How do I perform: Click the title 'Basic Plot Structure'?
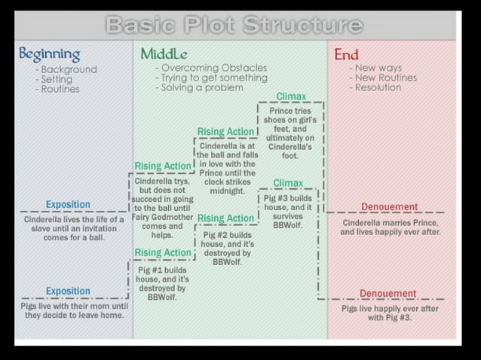(x=234, y=25)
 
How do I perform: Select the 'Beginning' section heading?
(x=49, y=54)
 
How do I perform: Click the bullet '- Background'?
(x=66, y=69)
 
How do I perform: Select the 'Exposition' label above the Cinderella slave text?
(x=68, y=204)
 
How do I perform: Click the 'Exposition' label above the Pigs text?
(x=68, y=291)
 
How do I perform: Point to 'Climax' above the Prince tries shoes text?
(x=291, y=96)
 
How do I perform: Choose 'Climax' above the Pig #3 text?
(x=288, y=183)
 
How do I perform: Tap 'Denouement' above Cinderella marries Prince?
(x=389, y=207)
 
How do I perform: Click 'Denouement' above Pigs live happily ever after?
(x=388, y=294)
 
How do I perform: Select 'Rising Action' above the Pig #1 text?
(x=163, y=252)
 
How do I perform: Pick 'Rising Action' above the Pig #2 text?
(x=225, y=218)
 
